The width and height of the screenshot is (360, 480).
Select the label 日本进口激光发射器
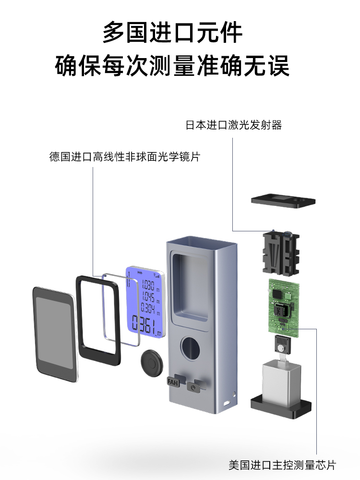pos(234,126)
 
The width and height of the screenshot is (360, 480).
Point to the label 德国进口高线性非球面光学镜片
pos(124,157)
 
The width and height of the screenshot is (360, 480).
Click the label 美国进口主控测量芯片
pos(282,465)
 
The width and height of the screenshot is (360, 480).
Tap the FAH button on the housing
pos(173,382)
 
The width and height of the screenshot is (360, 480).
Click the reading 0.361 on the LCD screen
pos(147,325)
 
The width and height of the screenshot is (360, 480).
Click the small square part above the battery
pos(281,345)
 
